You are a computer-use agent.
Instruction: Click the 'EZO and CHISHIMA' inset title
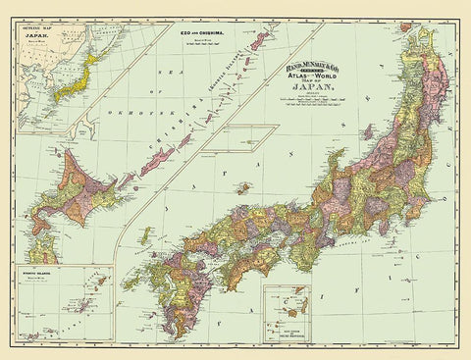[x=204, y=33]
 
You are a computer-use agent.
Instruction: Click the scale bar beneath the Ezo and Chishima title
[x=204, y=46]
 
